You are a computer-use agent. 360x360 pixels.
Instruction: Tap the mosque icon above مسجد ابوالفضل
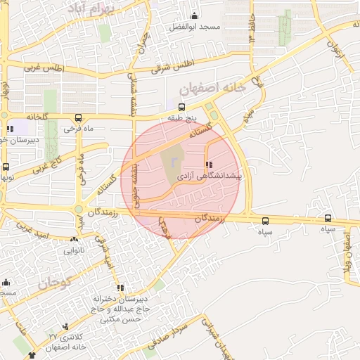coord(195,15)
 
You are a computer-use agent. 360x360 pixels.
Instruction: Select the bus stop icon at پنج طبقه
coord(182,108)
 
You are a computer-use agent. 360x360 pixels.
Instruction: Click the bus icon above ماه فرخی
coord(77,118)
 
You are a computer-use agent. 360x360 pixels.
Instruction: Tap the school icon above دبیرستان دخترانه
coord(121,288)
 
